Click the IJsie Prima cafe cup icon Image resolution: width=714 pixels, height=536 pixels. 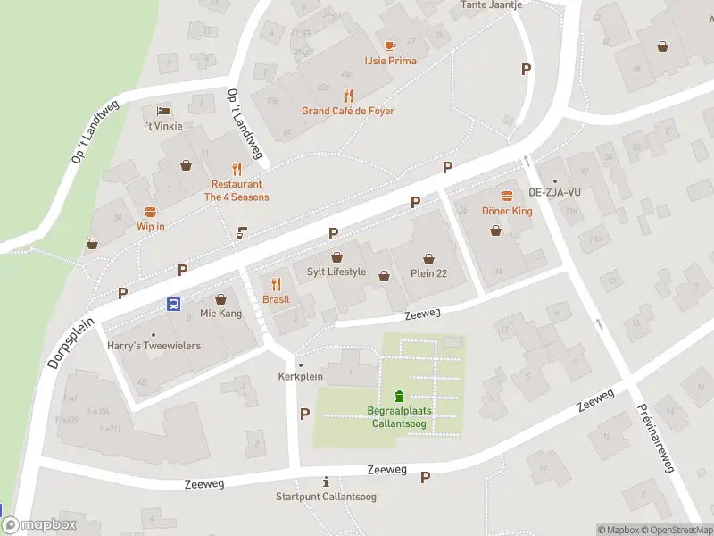pyautogui.click(x=390, y=45)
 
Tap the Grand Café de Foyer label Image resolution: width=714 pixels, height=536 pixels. pyautogui.click(x=348, y=111)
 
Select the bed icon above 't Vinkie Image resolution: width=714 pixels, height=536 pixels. pyautogui.click(x=164, y=110)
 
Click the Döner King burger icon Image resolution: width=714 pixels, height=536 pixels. pyautogui.click(x=507, y=195)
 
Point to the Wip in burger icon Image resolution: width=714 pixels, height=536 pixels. pyautogui.click(x=150, y=212)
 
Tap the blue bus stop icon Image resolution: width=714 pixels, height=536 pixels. pyautogui.click(x=173, y=304)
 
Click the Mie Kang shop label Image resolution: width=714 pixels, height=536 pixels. pyautogui.click(x=221, y=314)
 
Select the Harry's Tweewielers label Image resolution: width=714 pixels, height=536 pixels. pyautogui.click(x=154, y=346)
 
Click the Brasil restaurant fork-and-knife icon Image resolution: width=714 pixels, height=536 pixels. pyautogui.click(x=276, y=284)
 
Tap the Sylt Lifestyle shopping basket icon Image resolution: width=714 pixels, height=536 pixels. pyautogui.click(x=336, y=257)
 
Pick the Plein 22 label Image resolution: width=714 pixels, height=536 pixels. pyautogui.click(x=428, y=273)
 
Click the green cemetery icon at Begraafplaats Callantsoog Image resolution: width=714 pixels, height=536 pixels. pyautogui.click(x=399, y=396)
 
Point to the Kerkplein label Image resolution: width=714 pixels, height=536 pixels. pyautogui.click(x=299, y=377)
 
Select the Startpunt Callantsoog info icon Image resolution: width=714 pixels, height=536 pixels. pyautogui.click(x=326, y=482)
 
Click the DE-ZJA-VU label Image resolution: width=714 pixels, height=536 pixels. pyautogui.click(x=554, y=192)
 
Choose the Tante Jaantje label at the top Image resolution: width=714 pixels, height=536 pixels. pyautogui.click(x=491, y=4)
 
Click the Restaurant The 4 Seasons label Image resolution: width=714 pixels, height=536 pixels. pyautogui.click(x=237, y=190)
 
